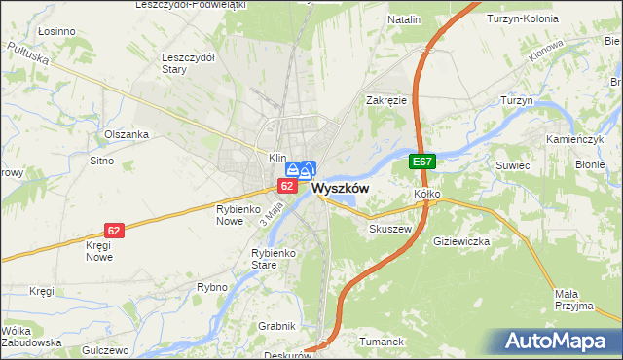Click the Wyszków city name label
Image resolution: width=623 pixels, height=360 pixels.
coord(340,189)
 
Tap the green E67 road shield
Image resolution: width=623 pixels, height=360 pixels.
coord(421,162)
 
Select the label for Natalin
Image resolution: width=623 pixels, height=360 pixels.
coord(404,19)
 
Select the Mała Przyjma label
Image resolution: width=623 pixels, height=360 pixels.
coord(573,300)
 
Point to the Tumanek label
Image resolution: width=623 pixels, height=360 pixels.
coord(381,342)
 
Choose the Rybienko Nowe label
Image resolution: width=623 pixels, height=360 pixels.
coord(235,214)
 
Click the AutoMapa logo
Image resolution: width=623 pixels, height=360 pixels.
coord(560,342)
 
